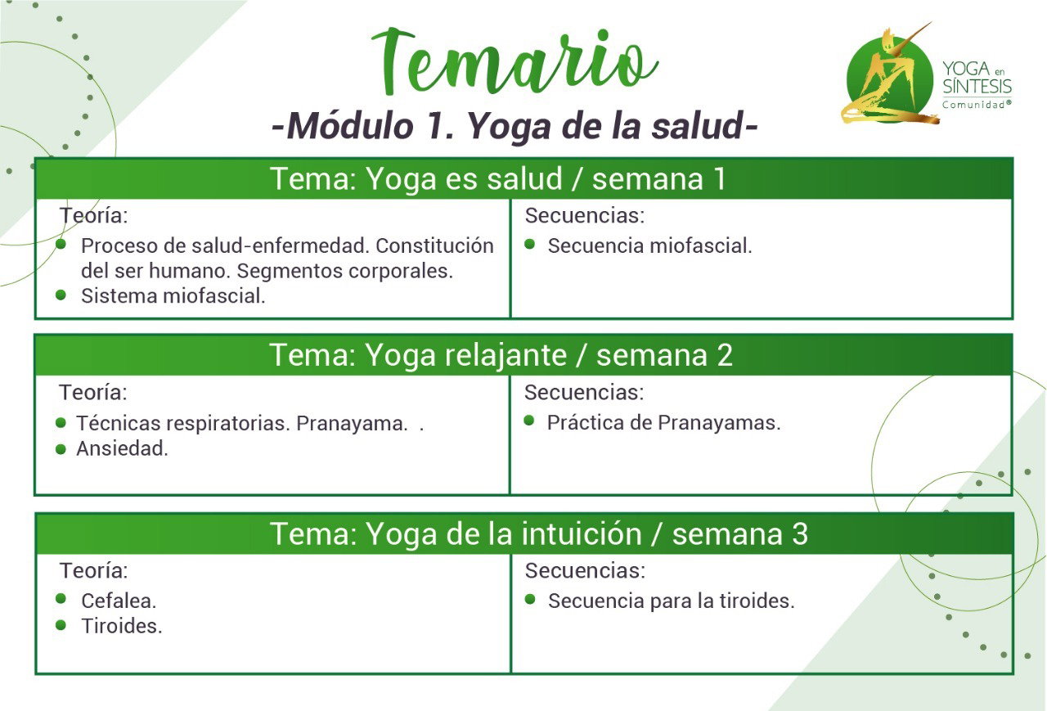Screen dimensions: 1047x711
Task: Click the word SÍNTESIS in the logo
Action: click(977, 87)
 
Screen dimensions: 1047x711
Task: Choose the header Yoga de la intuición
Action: click(504, 533)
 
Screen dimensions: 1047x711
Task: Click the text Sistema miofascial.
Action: click(173, 296)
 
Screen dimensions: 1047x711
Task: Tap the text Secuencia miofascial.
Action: click(649, 246)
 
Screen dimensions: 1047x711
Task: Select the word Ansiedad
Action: click(122, 448)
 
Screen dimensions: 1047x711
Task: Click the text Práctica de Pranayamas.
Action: click(663, 422)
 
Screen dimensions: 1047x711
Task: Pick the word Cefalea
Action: click(119, 601)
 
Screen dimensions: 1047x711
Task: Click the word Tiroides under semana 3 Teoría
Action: click(122, 627)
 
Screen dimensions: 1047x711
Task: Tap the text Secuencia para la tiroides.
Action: click(672, 601)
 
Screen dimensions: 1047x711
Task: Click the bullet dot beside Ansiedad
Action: click(61, 449)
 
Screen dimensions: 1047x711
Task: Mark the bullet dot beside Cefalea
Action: click(61, 599)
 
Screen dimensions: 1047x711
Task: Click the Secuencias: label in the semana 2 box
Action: click(584, 392)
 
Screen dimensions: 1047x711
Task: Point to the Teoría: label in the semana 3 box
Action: click(93, 571)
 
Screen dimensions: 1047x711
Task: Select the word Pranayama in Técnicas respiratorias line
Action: click(352, 424)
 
